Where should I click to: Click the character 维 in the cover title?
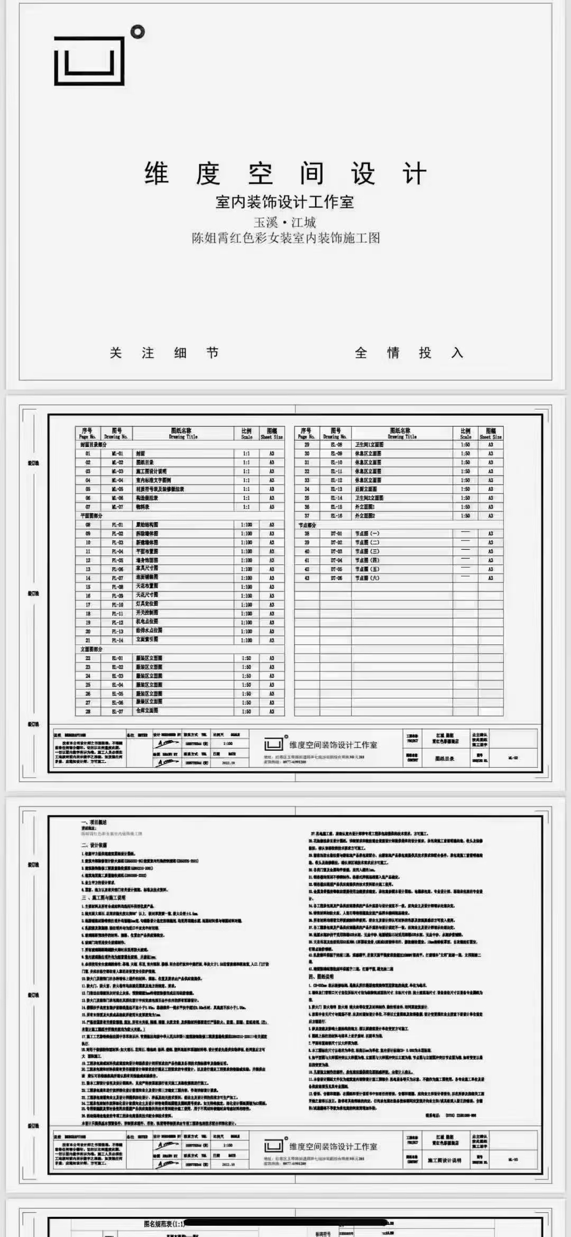pyautogui.click(x=157, y=174)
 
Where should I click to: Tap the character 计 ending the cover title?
pyautogui.click(x=414, y=174)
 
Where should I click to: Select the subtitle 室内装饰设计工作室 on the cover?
pyautogui.click(x=284, y=202)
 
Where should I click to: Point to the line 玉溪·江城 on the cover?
pyautogui.click(x=284, y=222)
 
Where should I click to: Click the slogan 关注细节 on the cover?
pyautogui.click(x=164, y=353)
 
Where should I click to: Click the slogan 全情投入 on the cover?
pyautogui.click(x=409, y=353)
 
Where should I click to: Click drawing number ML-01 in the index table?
pyautogui.click(x=117, y=454)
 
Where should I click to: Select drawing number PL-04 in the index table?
pyautogui.click(x=117, y=551)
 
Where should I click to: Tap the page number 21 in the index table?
pyautogui.click(x=88, y=640)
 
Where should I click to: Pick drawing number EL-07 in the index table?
pyautogui.click(x=117, y=712)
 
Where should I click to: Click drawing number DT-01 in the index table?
pyautogui.click(x=336, y=534)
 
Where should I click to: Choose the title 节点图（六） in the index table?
pyautogui.click(x=367, y=578)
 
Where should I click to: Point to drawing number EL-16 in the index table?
pyautogui.click(x=336, y=516)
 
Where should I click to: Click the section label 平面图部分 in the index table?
pyautogui.click(x=91, y=516)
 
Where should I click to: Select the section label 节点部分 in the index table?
pyautogui.click(x=307, y=525)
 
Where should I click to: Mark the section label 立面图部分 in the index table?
pyautogui.click(x=91, y=649)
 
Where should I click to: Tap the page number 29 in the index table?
pyautogui.click(x=307, y=445)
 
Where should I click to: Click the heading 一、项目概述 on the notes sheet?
pyautogui.click(x=94, y=822)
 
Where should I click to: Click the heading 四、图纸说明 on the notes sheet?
pyautogui.click(x=321, y=977)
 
